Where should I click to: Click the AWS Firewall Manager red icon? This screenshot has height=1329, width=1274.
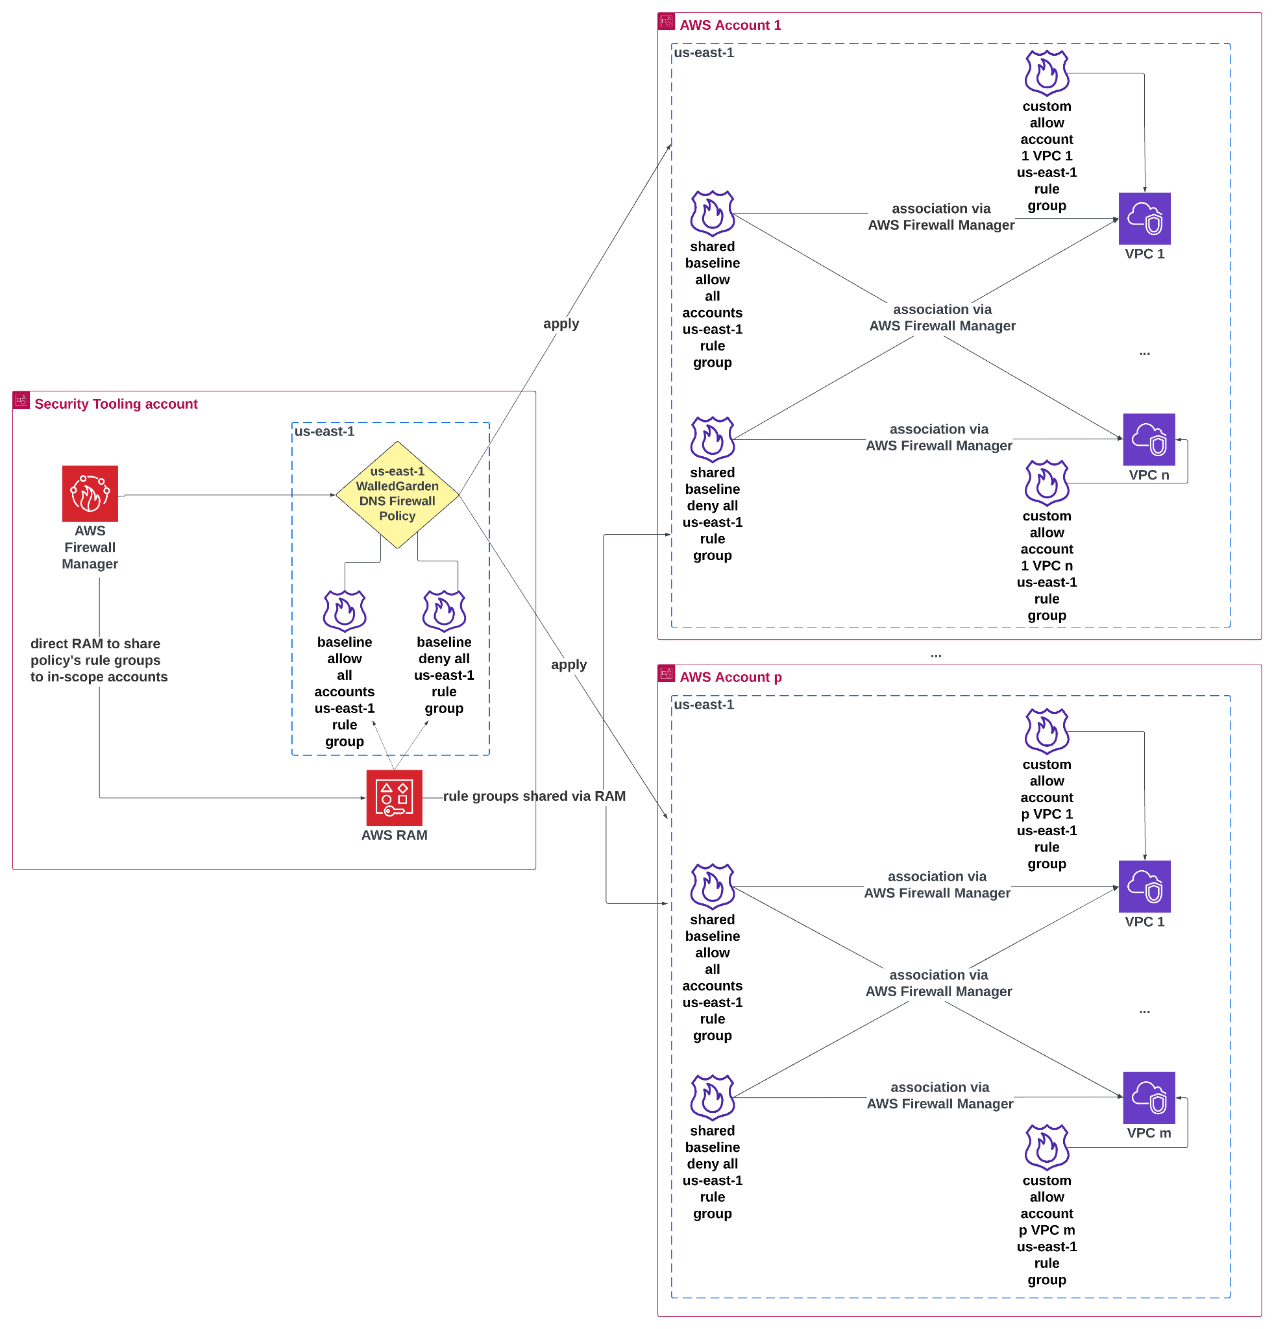90,493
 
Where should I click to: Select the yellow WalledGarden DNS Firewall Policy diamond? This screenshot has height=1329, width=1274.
397,494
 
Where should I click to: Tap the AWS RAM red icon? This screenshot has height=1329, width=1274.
394,798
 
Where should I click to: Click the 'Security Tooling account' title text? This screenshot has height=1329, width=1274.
116,404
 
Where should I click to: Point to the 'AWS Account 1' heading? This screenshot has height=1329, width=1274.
730,25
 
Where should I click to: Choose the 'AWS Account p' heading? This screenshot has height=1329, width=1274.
730,677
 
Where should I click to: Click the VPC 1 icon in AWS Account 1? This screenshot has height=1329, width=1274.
1144,218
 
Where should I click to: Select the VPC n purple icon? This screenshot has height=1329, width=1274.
1149,439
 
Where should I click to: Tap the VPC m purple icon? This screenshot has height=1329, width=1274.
1149,1097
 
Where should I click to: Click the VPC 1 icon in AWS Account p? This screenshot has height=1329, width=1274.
1144,886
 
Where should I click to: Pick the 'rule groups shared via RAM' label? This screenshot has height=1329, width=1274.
534,796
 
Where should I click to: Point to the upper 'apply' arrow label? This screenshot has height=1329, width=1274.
561,323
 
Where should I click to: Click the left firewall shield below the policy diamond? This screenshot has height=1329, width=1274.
345,611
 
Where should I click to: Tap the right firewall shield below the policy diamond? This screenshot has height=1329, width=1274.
444,611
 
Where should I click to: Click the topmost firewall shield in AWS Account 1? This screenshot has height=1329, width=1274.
1047,73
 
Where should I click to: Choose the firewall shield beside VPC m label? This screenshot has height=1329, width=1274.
1047,1147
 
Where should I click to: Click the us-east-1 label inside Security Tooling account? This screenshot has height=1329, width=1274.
324,432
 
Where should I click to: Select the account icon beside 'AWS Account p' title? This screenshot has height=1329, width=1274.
667,674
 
